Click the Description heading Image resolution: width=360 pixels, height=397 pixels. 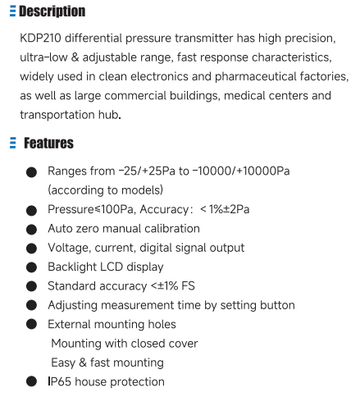point(51,11)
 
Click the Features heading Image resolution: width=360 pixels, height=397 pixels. point(48,144)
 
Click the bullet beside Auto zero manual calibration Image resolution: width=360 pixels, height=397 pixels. point(31,230)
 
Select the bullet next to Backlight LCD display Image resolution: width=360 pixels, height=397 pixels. point(31,267)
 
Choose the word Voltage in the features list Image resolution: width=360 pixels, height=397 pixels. point(68,248)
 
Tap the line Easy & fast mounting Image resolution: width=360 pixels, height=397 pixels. point(107,363)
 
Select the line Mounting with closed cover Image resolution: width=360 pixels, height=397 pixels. point(124,344)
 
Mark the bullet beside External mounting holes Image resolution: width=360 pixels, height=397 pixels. point(31,325)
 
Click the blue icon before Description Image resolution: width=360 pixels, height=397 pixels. point(12,11)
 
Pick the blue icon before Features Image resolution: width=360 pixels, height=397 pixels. point(12,144)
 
